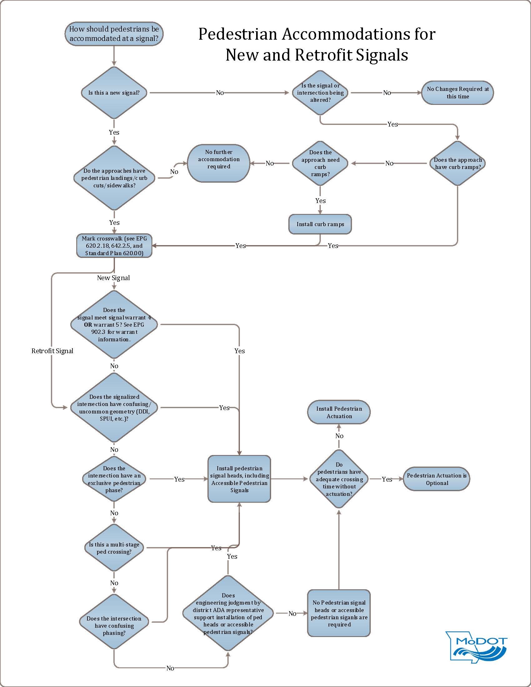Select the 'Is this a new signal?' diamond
coord(114,93)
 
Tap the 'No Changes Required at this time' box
coord(458,93)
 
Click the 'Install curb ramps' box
coord(320,224)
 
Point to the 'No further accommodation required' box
coord(219,163)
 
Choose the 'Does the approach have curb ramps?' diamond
coord(458,163)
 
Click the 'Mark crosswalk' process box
coord(114,246)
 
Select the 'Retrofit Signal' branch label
coord(52,351)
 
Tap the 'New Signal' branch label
coord(113,278)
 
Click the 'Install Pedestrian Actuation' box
coord(339,412)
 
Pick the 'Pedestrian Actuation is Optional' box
coord(437,479)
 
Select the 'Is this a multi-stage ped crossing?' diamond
coord(114,548)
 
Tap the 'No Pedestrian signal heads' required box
coord(339,613)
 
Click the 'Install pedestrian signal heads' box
coord(239,479)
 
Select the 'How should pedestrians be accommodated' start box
coord(114,34)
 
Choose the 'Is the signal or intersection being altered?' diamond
coord(320,93)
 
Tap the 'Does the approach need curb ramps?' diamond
coord(320,163)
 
